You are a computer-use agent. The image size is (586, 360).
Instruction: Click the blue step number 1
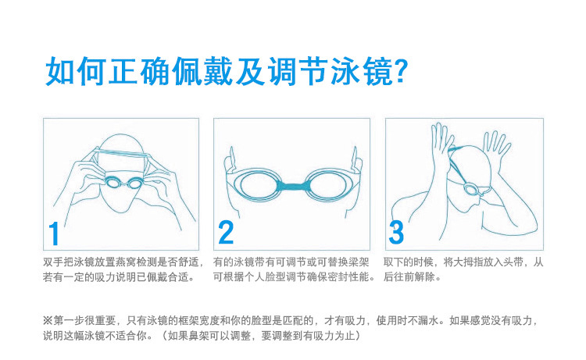(x=54, y=233)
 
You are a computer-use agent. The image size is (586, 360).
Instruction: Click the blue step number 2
(x=226, y=233)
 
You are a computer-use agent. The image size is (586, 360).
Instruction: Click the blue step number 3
(x=397, y=233)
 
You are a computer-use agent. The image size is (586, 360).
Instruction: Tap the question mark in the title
(x=402, y=71)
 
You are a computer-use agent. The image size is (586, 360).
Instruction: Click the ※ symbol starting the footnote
(x=48, y=320)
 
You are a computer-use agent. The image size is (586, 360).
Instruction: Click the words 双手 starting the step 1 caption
(x=52, y=262)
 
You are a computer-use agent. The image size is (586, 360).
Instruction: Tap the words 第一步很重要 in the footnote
(x=82, y=320)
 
